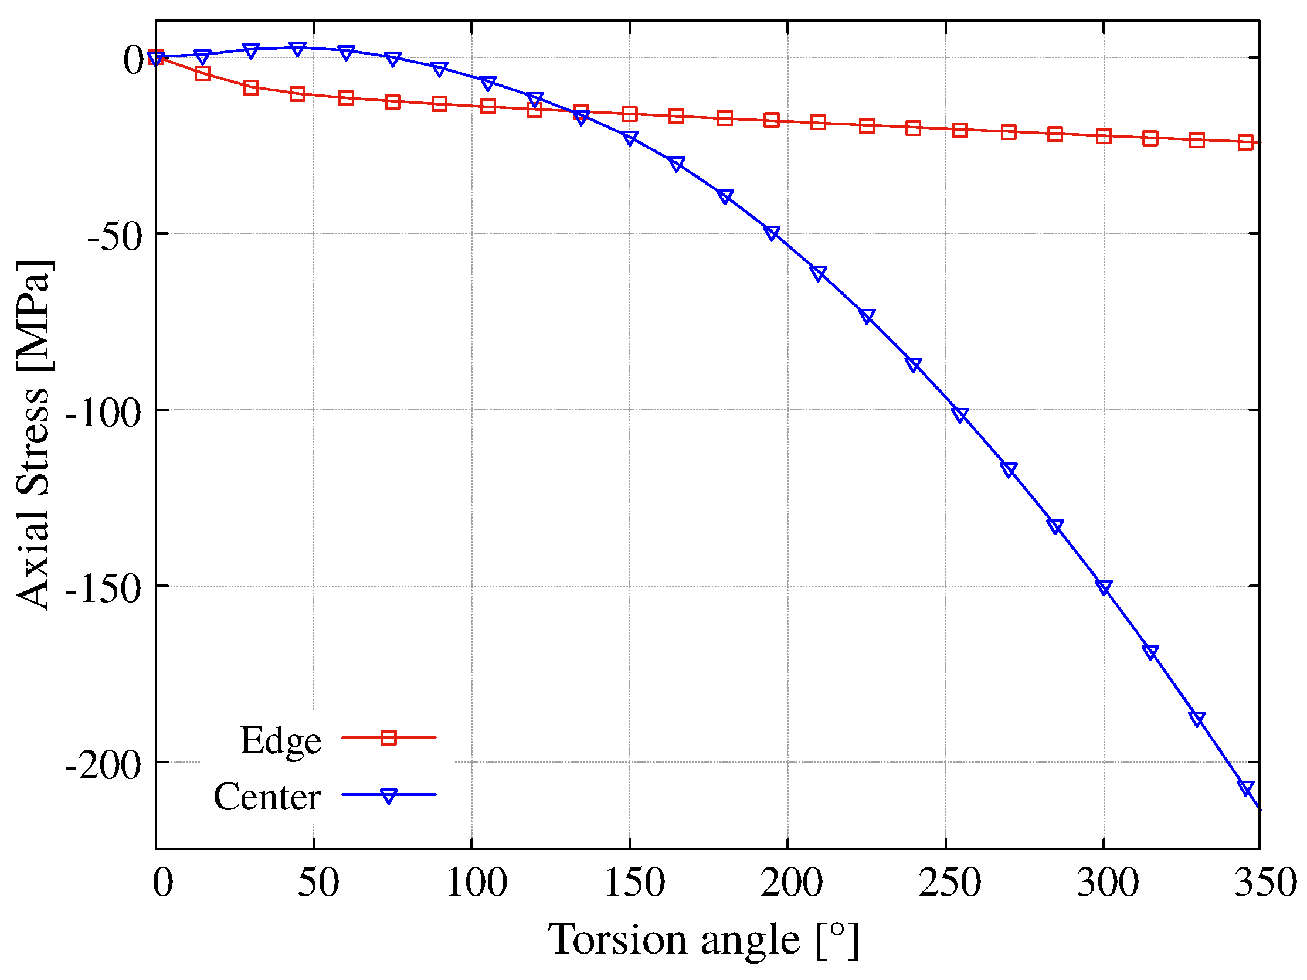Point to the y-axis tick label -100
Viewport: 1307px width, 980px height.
[x=103, y=413]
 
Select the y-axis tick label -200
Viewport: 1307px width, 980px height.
[x=103, y=765]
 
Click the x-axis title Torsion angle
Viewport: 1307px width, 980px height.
[x=703, y=940]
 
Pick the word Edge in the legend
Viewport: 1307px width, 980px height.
[x=281, y=741]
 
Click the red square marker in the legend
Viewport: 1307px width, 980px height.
[x=388, y=738]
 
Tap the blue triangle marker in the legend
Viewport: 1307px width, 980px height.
[x=388, y=795]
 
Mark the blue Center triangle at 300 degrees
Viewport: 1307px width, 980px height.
[x=1104, y=587]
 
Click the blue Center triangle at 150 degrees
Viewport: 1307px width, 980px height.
[x=630, y=138]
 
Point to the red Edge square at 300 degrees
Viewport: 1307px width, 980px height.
[x=1104, y=136]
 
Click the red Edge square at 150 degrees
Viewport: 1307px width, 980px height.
[x=630, y=114]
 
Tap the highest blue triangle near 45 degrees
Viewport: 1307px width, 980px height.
[x=298, y=49]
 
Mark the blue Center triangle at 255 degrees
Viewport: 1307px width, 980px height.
[x=960, y=416]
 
